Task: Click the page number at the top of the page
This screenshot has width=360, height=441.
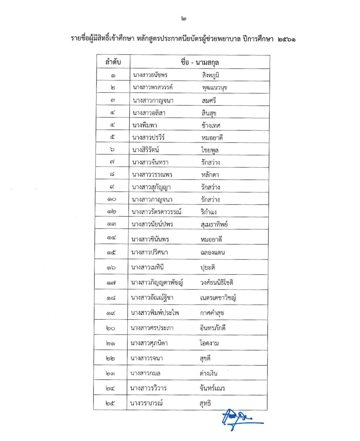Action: (184, 19)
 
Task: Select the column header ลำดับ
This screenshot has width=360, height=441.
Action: (113, 62)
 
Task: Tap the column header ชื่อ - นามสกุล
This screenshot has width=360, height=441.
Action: (200, 62)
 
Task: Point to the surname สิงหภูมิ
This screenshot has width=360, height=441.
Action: (210, 75)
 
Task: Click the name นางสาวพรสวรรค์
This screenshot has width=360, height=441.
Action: (153, 87)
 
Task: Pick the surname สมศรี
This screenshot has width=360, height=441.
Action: (209, 100)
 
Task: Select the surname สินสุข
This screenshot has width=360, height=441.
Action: (209, 113)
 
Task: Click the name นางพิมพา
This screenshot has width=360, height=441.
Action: (145, 125)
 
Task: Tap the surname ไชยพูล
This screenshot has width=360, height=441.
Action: (210, 150)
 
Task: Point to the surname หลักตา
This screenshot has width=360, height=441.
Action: (210, 175)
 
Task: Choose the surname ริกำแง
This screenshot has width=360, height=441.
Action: (208, 212)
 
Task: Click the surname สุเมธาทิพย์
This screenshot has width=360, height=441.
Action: (214, 224)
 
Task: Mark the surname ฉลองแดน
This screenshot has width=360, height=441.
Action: (212, 252)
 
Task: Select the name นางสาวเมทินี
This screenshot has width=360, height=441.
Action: (147, 267)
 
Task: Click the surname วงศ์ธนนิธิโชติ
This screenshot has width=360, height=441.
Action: (217, 283)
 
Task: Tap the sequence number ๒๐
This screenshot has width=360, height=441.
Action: (110, 328)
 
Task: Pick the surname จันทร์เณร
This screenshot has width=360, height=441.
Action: (212, 388)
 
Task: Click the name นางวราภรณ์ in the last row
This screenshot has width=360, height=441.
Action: (146, 403)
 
